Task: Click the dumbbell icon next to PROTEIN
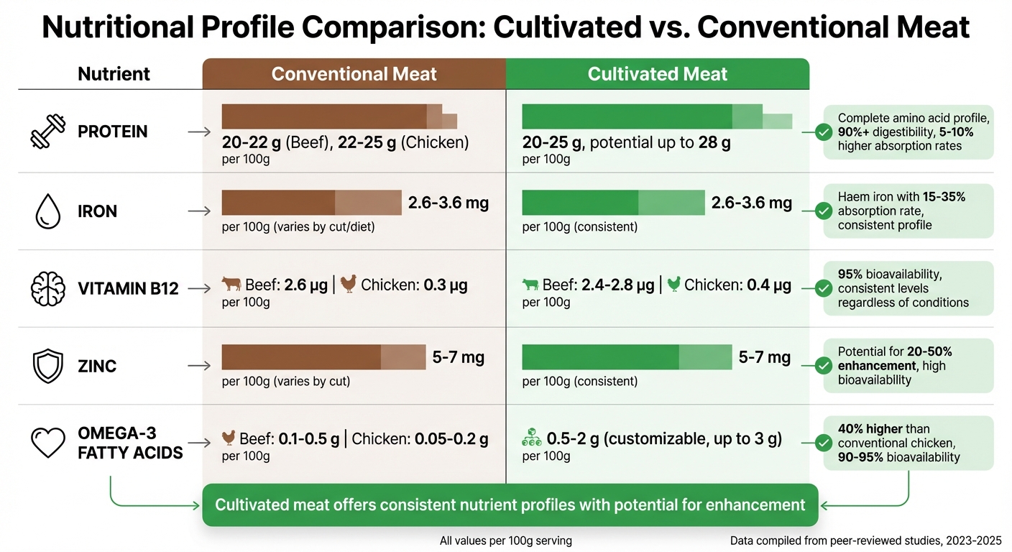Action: pos(49,132)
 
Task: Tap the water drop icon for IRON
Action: pos(49,211)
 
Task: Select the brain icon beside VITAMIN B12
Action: pos(49,289)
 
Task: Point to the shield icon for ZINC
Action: pos(49,366)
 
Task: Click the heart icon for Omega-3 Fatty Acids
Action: pos(49,443)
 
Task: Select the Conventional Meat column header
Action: pos(354,74)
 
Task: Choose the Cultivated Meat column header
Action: pos(657,74)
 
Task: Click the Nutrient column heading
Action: pos(114,74)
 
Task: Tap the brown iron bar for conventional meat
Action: pos(310,203)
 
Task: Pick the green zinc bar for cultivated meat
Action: pos(626,357)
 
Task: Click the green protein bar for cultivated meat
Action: pos(655,116)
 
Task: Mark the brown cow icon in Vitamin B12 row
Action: pos(231,285)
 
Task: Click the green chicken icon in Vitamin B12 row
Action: pos(673,285)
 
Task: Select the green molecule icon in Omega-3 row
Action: pos(531,438)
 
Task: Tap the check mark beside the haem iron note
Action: pos(824,211)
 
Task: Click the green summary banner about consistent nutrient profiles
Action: pos(510,505)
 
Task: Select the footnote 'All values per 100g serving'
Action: pos(505,540)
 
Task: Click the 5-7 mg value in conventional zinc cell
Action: pos(459,357)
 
